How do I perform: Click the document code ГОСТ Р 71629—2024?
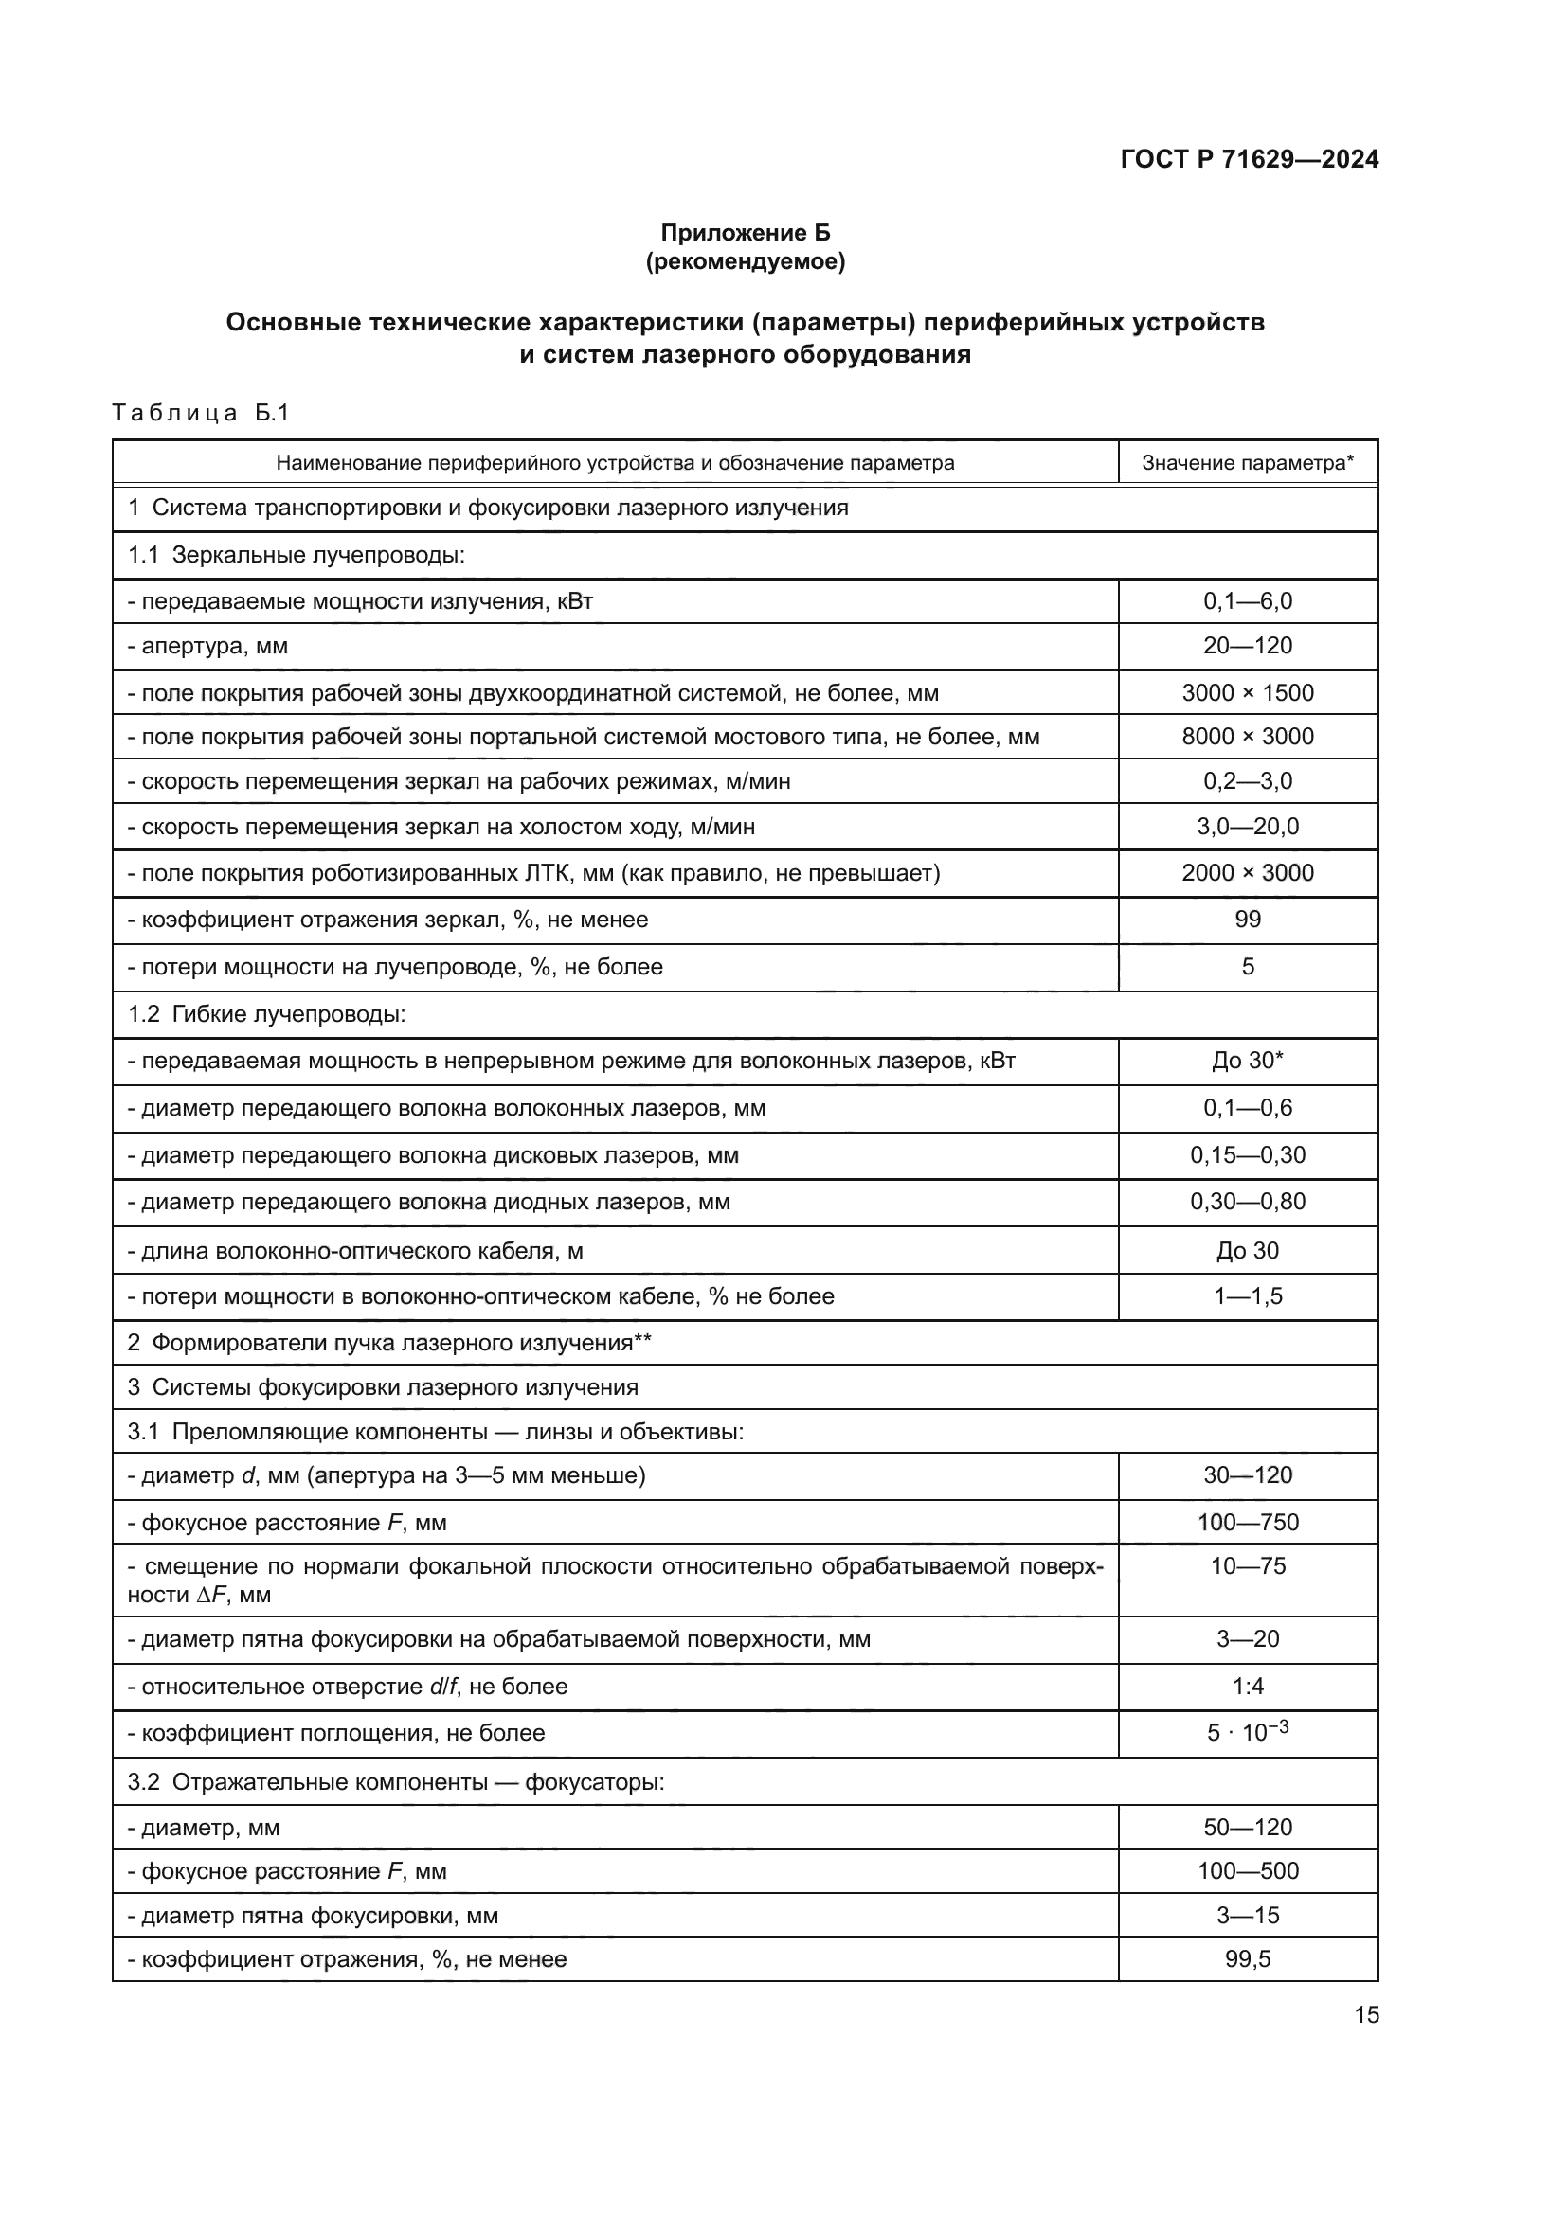tap(1249, 159)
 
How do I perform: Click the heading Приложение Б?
tap(745, 233)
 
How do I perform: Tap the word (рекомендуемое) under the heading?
tap(745, 261)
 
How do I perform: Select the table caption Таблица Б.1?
tap(201, 413)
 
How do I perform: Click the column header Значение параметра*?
tap(1247, 463)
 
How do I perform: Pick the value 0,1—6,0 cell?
tap(1247, 601)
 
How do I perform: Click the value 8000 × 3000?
tap(1247, 737)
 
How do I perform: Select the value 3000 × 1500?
tap(1247, 692)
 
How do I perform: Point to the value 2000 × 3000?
tap(1247, 873)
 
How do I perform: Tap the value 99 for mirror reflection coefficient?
tap(1247, 920)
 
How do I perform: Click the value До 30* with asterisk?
tap(1247, 1062)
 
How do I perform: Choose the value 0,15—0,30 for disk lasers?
tap(1247, 1155)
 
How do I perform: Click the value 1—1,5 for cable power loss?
tap(1247, 1296)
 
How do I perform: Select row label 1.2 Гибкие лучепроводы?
tap(266, 1015)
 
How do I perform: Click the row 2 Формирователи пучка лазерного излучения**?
tap(388, 1343)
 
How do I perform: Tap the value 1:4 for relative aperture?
tap(1247, 1687)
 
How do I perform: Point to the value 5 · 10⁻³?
tap(1247, 1733)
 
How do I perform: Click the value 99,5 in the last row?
tap(1247, 1959)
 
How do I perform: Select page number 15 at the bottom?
tap(1365, 2015)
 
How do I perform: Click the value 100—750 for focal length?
tap(1247, 1523)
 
